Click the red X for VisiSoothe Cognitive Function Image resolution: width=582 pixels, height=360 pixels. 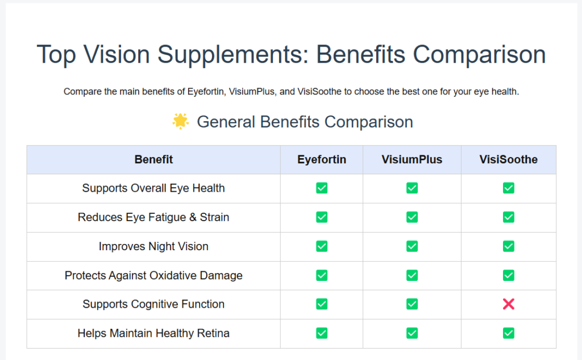(x=509, y=304)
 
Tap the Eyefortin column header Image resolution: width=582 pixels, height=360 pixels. (x=322, y=159)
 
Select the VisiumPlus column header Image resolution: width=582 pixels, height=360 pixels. (x=412, y=159)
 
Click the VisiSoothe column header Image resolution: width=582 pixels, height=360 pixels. (x=509, y=159)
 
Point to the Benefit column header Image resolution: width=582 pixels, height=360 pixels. (x=153, y=159)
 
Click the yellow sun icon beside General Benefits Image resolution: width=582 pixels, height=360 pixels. (x=181, y=122)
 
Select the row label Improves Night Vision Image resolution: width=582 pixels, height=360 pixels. (x=153, y=246)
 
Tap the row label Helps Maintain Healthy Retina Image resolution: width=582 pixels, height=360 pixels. (x=153, y=333)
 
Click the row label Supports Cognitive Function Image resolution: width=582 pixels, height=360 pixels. (x=153, y=304)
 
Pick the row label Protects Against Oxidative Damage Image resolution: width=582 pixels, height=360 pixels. (x=153, y=275)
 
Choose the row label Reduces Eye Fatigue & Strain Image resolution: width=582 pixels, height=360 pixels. (x=153, y=217)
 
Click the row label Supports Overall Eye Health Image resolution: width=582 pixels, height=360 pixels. (x=153, y=188)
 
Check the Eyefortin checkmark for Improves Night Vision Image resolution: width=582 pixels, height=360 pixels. (x=322, y=246)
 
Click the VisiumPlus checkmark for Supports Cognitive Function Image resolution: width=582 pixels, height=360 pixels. (x=412, y=304)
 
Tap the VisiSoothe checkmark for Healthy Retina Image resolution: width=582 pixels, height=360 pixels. (x=509, y=333)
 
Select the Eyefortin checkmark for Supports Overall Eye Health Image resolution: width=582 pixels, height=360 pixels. (x=322, y=188)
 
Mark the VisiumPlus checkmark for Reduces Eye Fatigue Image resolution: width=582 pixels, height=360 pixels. (x=412, y=217)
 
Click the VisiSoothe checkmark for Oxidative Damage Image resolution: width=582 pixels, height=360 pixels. (x=509, y=275)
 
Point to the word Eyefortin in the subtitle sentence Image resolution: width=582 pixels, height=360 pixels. (x=206, y=92)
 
